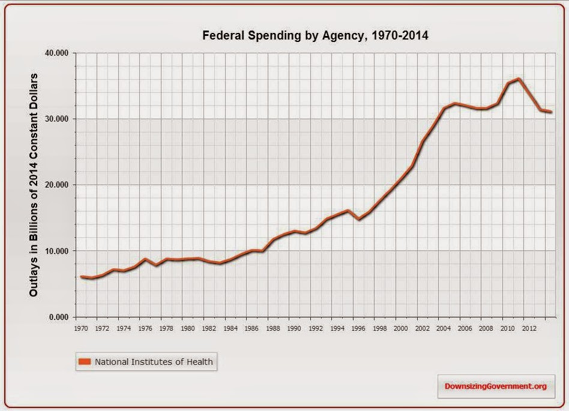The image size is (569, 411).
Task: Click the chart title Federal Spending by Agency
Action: [315, 35]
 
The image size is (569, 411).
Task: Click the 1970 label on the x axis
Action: [81, 328]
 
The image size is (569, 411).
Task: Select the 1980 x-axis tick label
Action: [188, 328]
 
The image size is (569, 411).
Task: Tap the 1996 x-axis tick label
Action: [358, 328]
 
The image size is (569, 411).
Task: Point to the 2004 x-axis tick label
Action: [444, 328]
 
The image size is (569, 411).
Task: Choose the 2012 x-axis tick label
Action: [529, 328]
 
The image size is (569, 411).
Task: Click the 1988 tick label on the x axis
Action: [273, 328]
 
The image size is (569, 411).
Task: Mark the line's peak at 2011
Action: [519, 78]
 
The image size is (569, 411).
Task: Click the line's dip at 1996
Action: [358, 219]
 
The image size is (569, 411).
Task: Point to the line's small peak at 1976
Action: [145, 259]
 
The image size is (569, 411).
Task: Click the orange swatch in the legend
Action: [85, 361]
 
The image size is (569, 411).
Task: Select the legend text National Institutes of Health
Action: [154, 361]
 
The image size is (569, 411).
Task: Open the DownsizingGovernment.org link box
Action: [495, 386]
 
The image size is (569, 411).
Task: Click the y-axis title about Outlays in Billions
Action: [34, 185]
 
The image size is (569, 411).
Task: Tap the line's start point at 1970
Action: [81, 277]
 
